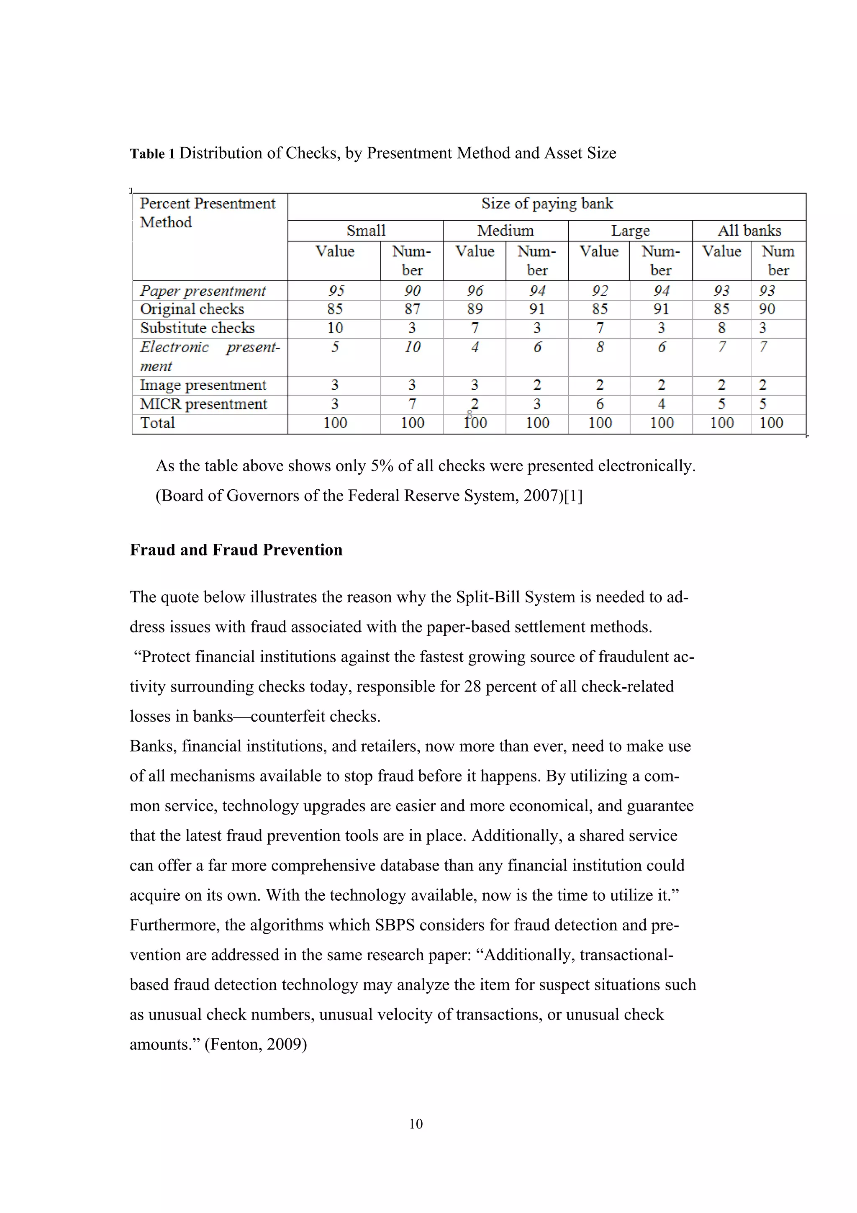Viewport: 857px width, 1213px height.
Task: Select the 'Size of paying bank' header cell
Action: pyautogui.click(x=547, y=204)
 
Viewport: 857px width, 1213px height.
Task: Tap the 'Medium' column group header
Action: pyautogui.click(x=505, y=231)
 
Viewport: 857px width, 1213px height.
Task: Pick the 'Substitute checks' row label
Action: pyautogui.click(x=197, y=329)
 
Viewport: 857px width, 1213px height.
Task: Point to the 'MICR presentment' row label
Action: pyautogui.click(x=203, y=405)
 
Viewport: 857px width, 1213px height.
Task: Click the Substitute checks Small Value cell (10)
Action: pyautogui.click(x=335, y=329)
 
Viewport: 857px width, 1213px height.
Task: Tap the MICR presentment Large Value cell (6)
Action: pyautogui.click(x=599, y=405)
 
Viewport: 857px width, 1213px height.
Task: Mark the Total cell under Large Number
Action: pyautogui.click(x=661, y=423)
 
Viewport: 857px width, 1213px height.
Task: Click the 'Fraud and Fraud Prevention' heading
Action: pyautogui.click(x=236, y=550)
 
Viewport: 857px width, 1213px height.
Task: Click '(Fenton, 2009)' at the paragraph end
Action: pyautogui.click(x=256, y=1044)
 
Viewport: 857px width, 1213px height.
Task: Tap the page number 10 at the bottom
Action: pyautogui.click(x=416, y=1124)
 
